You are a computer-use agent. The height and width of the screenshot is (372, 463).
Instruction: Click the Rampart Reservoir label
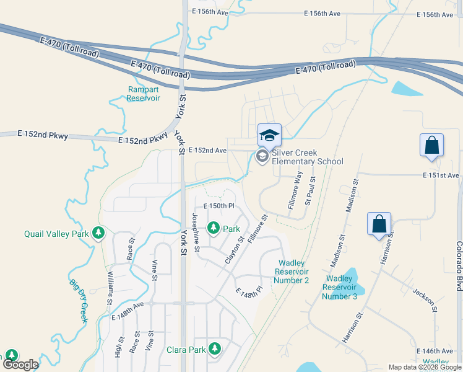[x=144, y=94]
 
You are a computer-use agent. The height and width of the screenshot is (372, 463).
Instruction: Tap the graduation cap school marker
[x=269, y=135]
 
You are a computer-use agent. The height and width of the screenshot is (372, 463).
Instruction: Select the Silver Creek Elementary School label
[x=307, y=157]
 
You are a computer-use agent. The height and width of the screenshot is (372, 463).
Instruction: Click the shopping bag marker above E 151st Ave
[x=432, y=146]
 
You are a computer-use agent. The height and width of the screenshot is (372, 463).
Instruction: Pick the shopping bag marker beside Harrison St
[x=379, y=224]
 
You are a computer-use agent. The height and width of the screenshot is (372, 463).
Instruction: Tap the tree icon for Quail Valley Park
[x=98, y=233]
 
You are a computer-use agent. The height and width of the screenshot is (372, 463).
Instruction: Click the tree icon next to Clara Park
[x=215, y=349]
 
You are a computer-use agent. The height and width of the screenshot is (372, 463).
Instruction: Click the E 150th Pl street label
[x=219, y=206]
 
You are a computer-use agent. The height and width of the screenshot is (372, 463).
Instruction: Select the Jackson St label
[x=425, y=300]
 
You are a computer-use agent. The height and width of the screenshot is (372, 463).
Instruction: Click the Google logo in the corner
[x=21, y=365]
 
